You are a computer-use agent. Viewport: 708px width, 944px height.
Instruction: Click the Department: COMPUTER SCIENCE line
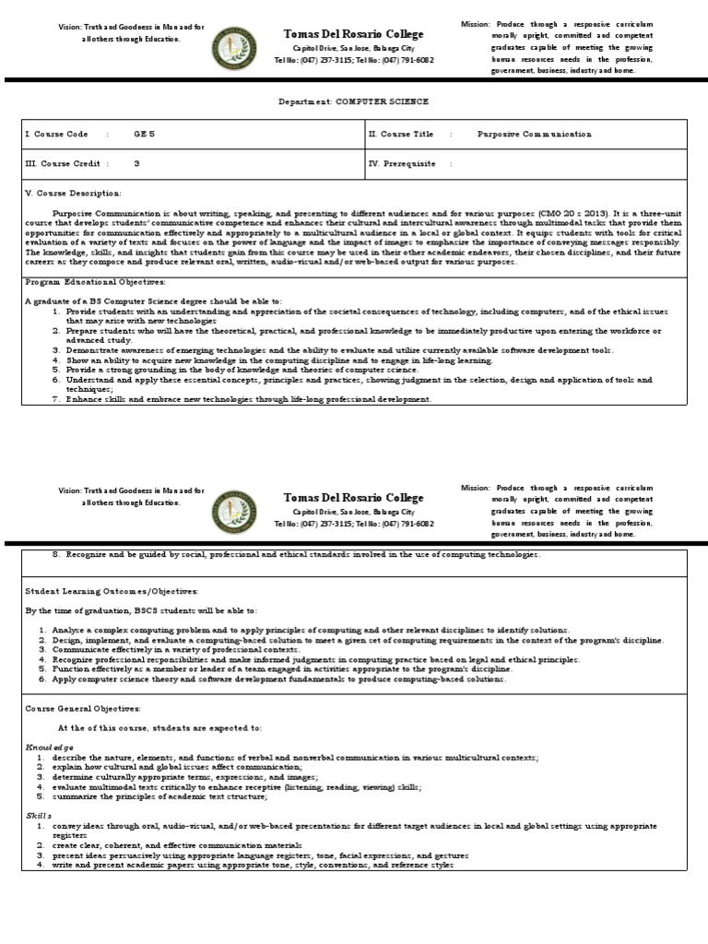coord(354,101)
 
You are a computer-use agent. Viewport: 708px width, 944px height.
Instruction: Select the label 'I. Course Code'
coord(57,135)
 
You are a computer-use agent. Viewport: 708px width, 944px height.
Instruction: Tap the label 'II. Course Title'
coord(401,135)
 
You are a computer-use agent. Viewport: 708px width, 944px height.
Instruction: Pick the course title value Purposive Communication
coord(535,135)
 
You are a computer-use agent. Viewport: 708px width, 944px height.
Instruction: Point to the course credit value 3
coord(137,163)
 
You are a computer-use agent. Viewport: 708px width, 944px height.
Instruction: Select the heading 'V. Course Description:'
coord(73,193)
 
